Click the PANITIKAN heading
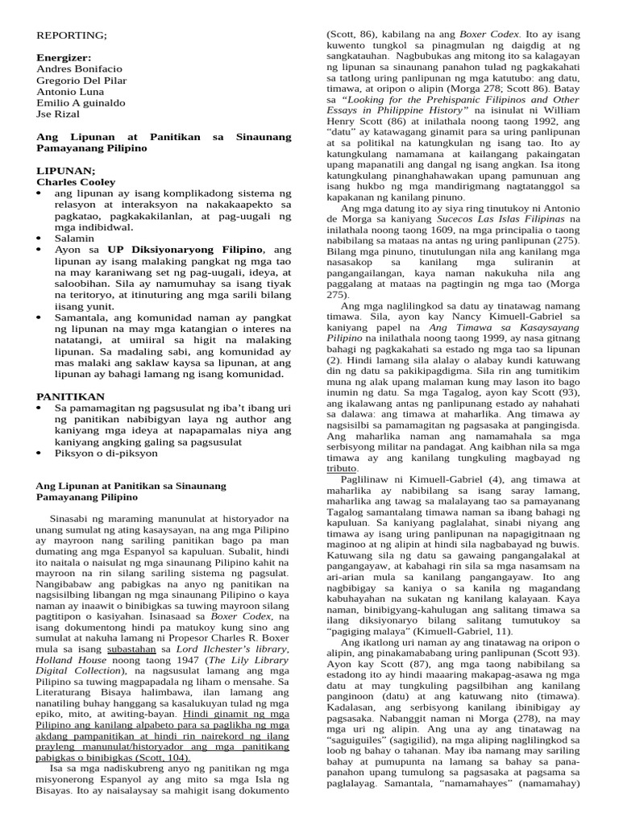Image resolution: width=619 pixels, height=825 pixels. [x=71, y=396]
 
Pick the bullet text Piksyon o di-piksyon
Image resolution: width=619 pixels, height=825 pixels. [x=106, y=453]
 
